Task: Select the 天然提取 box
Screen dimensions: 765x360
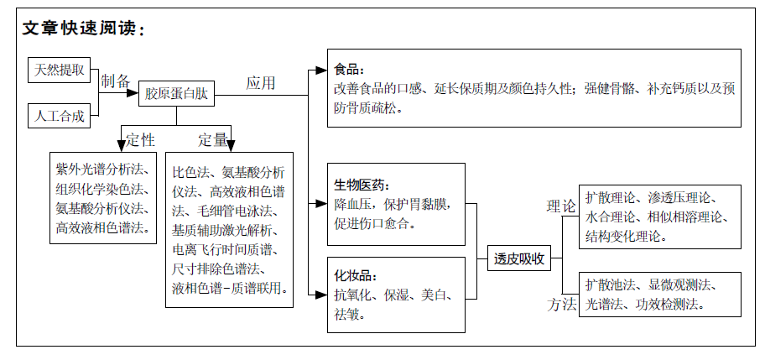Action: click(59, 70)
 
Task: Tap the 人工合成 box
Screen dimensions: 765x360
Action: click(59, 116)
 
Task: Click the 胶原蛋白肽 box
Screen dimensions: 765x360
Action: click(176, 93)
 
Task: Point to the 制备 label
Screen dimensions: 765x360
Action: click(115, 81)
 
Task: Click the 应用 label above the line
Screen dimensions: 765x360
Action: click(261, 83)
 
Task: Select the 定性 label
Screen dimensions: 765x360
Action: click(141, 140)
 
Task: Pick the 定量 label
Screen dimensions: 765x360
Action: click(213, 140)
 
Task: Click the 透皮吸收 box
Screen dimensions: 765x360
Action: click(519, 258)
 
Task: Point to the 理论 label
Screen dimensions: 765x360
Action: click(561, 206)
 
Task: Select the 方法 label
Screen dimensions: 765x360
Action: click(561, 305)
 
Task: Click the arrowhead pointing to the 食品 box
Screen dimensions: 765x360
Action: click(321, 70)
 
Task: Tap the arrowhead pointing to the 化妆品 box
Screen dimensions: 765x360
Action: click(321, 295)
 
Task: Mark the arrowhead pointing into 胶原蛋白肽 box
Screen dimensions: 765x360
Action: click(133, 93)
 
